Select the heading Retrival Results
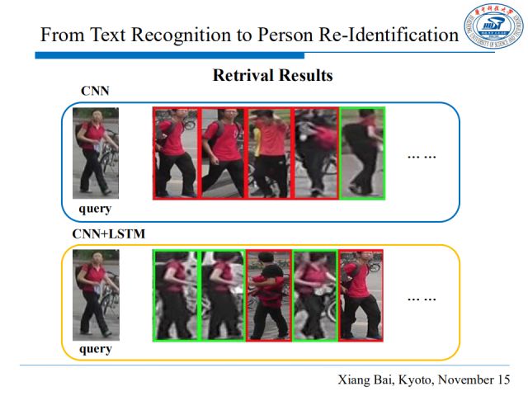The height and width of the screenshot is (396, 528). (x=273, y=76)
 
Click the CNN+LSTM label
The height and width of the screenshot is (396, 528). (x=109, y=234)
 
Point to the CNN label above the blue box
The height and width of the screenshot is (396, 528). (x=95, y=92)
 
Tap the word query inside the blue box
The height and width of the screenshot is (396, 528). (x=95, y=209)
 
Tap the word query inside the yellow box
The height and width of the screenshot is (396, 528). (x=95, y=349)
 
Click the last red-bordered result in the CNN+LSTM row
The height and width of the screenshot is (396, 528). (x=361, y=295)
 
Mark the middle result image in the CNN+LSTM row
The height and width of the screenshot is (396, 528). (x=269, y=295)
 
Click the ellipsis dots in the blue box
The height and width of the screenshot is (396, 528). (x=422, y=156)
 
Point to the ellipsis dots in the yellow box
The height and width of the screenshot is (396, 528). (x=422, y=298)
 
